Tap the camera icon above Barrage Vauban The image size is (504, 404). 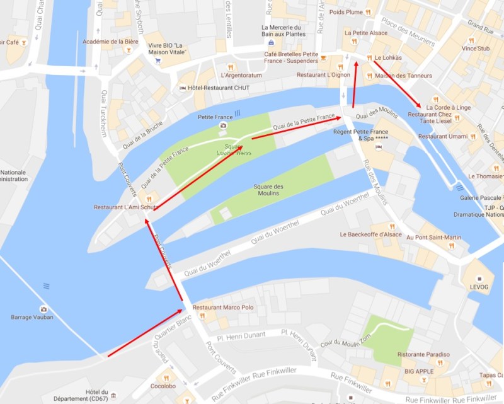click(x=43, y=308)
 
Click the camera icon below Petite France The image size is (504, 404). click(x=222, y=125)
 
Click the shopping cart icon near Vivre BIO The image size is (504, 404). click(x=159, y=62)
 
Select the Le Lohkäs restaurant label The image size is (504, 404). click(x=388, y=58)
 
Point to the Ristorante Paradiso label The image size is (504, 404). click(x=424, y=355)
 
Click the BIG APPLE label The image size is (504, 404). click(x=419, y=372)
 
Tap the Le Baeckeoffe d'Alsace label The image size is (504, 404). click(x=370, y=234)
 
